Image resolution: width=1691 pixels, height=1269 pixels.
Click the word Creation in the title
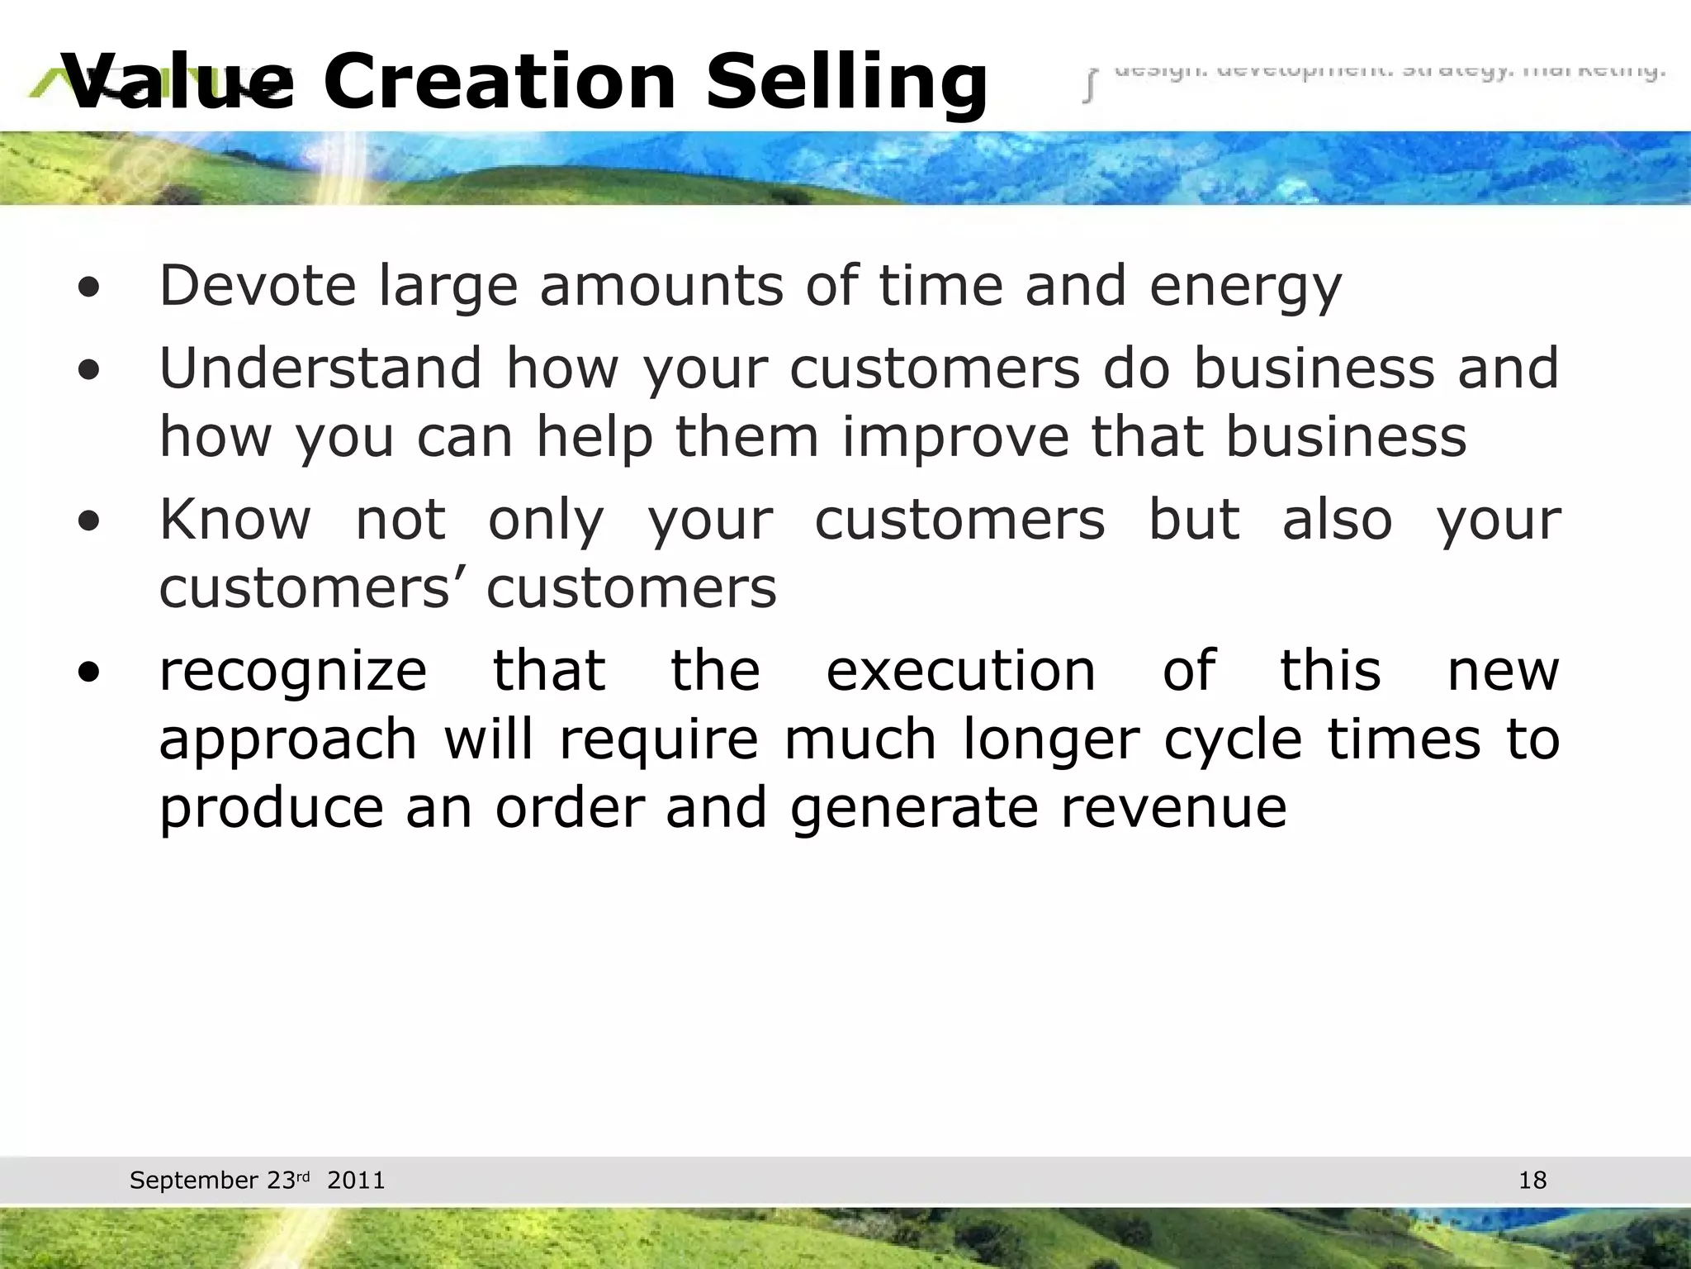pos(500,81)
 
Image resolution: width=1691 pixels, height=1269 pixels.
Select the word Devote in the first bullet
pos(258,286)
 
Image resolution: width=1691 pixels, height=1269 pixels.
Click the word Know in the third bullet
pos(235,520)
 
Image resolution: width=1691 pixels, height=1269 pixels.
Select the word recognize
pos(293,673)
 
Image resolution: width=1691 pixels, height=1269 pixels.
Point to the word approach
pos(287,741)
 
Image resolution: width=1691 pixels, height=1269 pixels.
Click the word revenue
pos(1173,808)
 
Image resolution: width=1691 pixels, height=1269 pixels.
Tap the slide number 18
pos(1532,1180)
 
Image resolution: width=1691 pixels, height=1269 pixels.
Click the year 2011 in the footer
pos(356,1180)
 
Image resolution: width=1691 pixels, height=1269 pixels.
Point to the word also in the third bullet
pos(1337,520)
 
